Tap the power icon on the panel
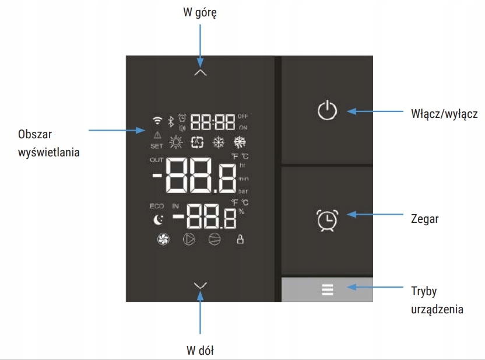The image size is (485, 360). [x=327, y=110]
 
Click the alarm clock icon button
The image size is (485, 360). [x=327, y=219]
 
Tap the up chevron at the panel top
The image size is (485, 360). [x=201, y=72]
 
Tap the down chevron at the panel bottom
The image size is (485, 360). [x=201, y=285]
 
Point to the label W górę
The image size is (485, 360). [x=200, y=12]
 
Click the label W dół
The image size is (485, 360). [x=200, y=350]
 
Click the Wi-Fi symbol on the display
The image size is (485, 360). [x=156, y=121]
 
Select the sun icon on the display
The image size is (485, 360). [x=175, y=142]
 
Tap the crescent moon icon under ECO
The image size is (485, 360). [x=157, y=220]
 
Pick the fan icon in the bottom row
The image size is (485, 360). [x=163, y=239]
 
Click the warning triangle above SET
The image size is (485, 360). [x=157, y=135]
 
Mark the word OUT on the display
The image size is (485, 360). [x=157, y=160]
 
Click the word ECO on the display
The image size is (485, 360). [x=157, y=206]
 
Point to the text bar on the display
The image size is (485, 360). [x=242, y=191]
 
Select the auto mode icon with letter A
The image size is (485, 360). [x=197, y=142]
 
